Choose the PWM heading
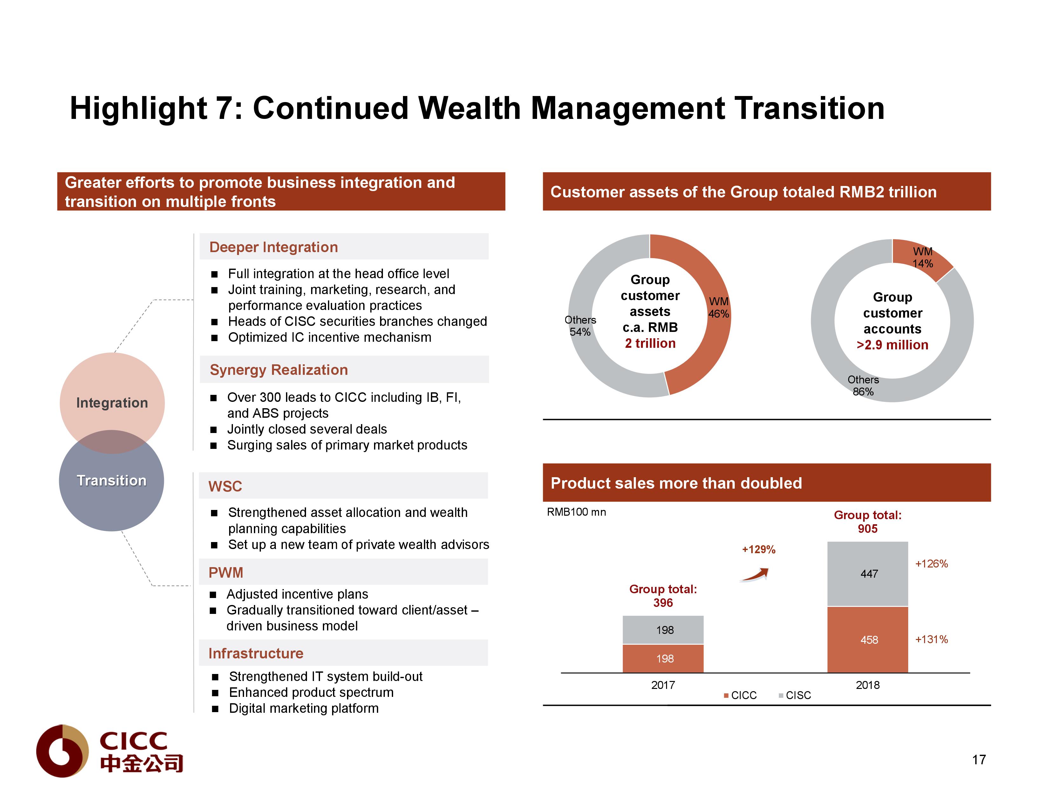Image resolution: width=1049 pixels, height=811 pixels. pos(226,572)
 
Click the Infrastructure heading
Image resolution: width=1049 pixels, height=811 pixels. pos(255,653)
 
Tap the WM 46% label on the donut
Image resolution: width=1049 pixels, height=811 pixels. pos(719,307)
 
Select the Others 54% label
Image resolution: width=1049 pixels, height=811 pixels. pos(580,326)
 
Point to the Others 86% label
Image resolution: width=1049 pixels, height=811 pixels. pos(863,385)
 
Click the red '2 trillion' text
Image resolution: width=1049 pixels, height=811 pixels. pos(650,343)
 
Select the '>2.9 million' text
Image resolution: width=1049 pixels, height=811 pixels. pos(892,345)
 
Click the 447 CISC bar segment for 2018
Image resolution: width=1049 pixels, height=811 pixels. pos(868,573)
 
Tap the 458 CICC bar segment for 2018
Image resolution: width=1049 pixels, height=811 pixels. pos(868,639)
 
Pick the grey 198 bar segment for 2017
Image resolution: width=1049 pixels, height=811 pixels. pos(663,629)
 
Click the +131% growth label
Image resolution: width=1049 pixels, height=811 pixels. pos(931,639)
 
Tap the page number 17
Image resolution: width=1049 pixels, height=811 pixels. pos(979,759)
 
